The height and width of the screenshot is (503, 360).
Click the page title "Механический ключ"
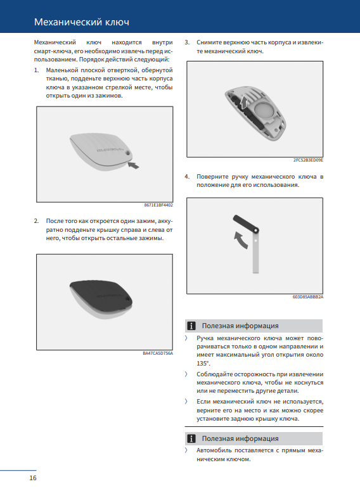coord(82,22)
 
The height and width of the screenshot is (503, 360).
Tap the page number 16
coord(33,478)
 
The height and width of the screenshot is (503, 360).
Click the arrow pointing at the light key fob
coord(134,165)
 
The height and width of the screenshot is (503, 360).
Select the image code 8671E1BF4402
coord(158,205)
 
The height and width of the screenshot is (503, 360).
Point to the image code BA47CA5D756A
coord(158,353)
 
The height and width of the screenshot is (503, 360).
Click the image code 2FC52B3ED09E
coord(308,160)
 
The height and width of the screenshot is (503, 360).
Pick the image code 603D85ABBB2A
coord(307,296)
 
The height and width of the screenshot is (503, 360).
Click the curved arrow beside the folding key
coord(240,240)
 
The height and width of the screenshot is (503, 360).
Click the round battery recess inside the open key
coord(264,110)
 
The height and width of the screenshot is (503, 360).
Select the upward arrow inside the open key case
coord(244,103)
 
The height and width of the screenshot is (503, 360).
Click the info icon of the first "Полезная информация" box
coord(191,326)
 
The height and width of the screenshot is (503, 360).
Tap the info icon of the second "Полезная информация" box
coord(191,438)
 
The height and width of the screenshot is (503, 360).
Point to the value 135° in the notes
coord(203,364)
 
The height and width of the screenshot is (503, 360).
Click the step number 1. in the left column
coord(36,70)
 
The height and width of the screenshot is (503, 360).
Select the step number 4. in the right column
coord(187,177)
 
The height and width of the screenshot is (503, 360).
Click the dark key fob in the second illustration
coord(101,296)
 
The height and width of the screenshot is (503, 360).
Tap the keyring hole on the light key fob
coord(129,153)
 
